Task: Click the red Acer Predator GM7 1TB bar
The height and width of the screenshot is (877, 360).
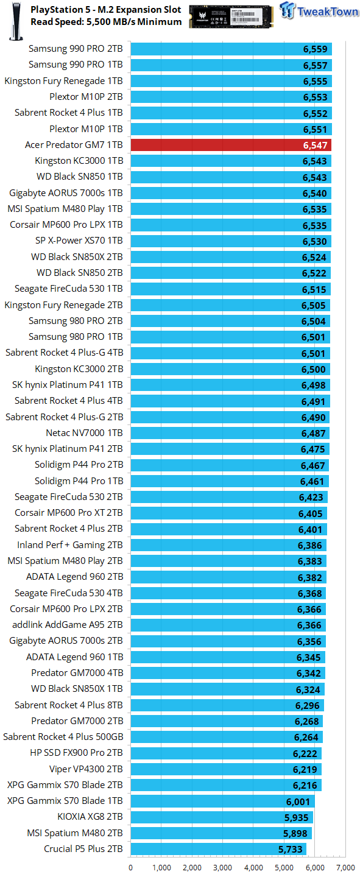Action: pyautogui.click(x=231, y=145)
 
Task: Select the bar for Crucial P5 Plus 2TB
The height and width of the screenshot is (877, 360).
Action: pyautogui.click(x=219, y=849)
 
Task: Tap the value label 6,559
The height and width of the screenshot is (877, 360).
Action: pyautogui.click(x=315, y=49)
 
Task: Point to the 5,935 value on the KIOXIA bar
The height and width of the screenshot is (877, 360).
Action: pyautogui.click(x=296, y=817)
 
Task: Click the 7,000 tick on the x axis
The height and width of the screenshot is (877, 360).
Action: pyautogui.click(x=345, y=868)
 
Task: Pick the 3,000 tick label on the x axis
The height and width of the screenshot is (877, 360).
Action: pyautogui.click(x=222, y=868)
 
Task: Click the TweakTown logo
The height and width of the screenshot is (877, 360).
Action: pyautogui.click(x=319, y=11)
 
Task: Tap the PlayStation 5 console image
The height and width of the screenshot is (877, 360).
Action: pyautogui.click(x=16, y=21)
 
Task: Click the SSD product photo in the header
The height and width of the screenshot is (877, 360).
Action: pyautogui.click(x=231, y=16)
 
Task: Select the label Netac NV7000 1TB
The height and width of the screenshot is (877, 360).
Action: pyautogui.click(x=84, y=433)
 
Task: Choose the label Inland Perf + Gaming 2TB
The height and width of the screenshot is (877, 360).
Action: pyautogui.click(x=69, y=545)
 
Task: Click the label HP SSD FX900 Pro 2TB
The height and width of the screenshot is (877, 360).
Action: pyautogui.click(x=76, y=753)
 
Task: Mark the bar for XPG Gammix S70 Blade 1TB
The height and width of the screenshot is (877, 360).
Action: pyautogui.click(x=222, y=801)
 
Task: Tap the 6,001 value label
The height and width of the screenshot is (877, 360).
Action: pyautogui.click(x=298, y=802)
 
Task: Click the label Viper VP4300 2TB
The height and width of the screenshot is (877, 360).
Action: pyautogui.click(x=86, y=769)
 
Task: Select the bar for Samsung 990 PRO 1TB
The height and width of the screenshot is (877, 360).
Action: pyautogui.click(x=231, y=65)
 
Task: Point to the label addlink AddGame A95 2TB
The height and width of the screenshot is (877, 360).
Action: pyautogui.click(x=68, y=625)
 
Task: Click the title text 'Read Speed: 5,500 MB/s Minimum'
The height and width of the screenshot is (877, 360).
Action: pyautogui.click(x=106, y=22)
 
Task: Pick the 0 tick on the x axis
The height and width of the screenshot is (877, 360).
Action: pyautogui.click(x=131, y=868)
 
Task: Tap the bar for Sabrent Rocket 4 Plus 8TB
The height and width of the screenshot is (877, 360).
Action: pyautogui.click(x=227, y=705)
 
